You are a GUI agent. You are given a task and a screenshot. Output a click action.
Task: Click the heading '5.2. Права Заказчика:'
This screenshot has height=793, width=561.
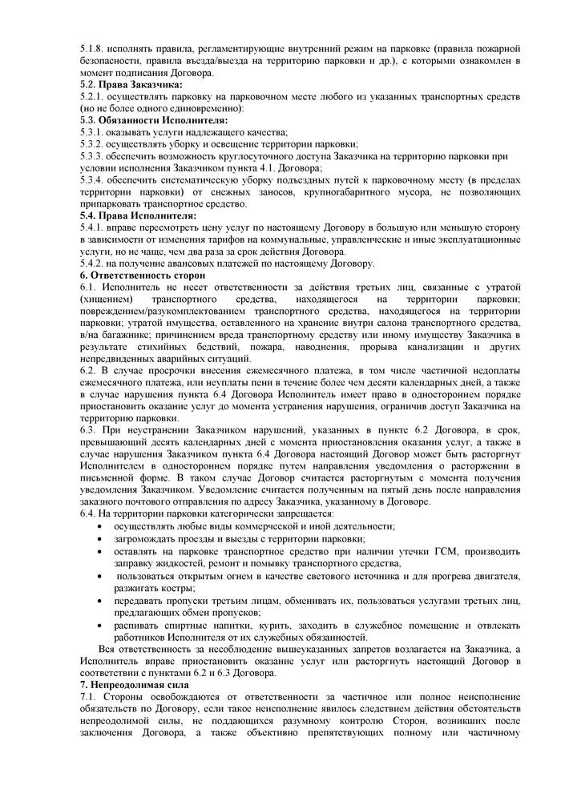tap(131, 85)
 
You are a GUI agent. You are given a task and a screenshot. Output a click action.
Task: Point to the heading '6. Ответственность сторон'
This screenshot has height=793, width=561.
tap(143, 275)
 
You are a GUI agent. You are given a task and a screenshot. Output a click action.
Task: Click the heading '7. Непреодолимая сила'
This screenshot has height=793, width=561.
tap(134, 686)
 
